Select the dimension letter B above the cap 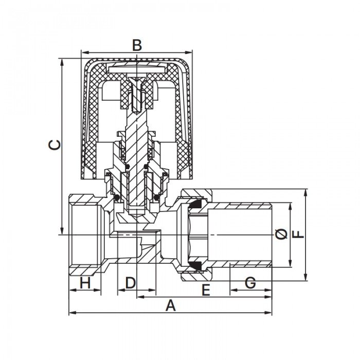pos(136,45)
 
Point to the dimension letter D pos(130,282)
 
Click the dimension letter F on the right pos(298,235)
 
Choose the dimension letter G pos(250,282)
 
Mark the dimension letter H pos(85,282)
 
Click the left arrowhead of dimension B pos(84,52)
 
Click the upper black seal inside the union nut pos(195,205)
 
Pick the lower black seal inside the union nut pos(195,265)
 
